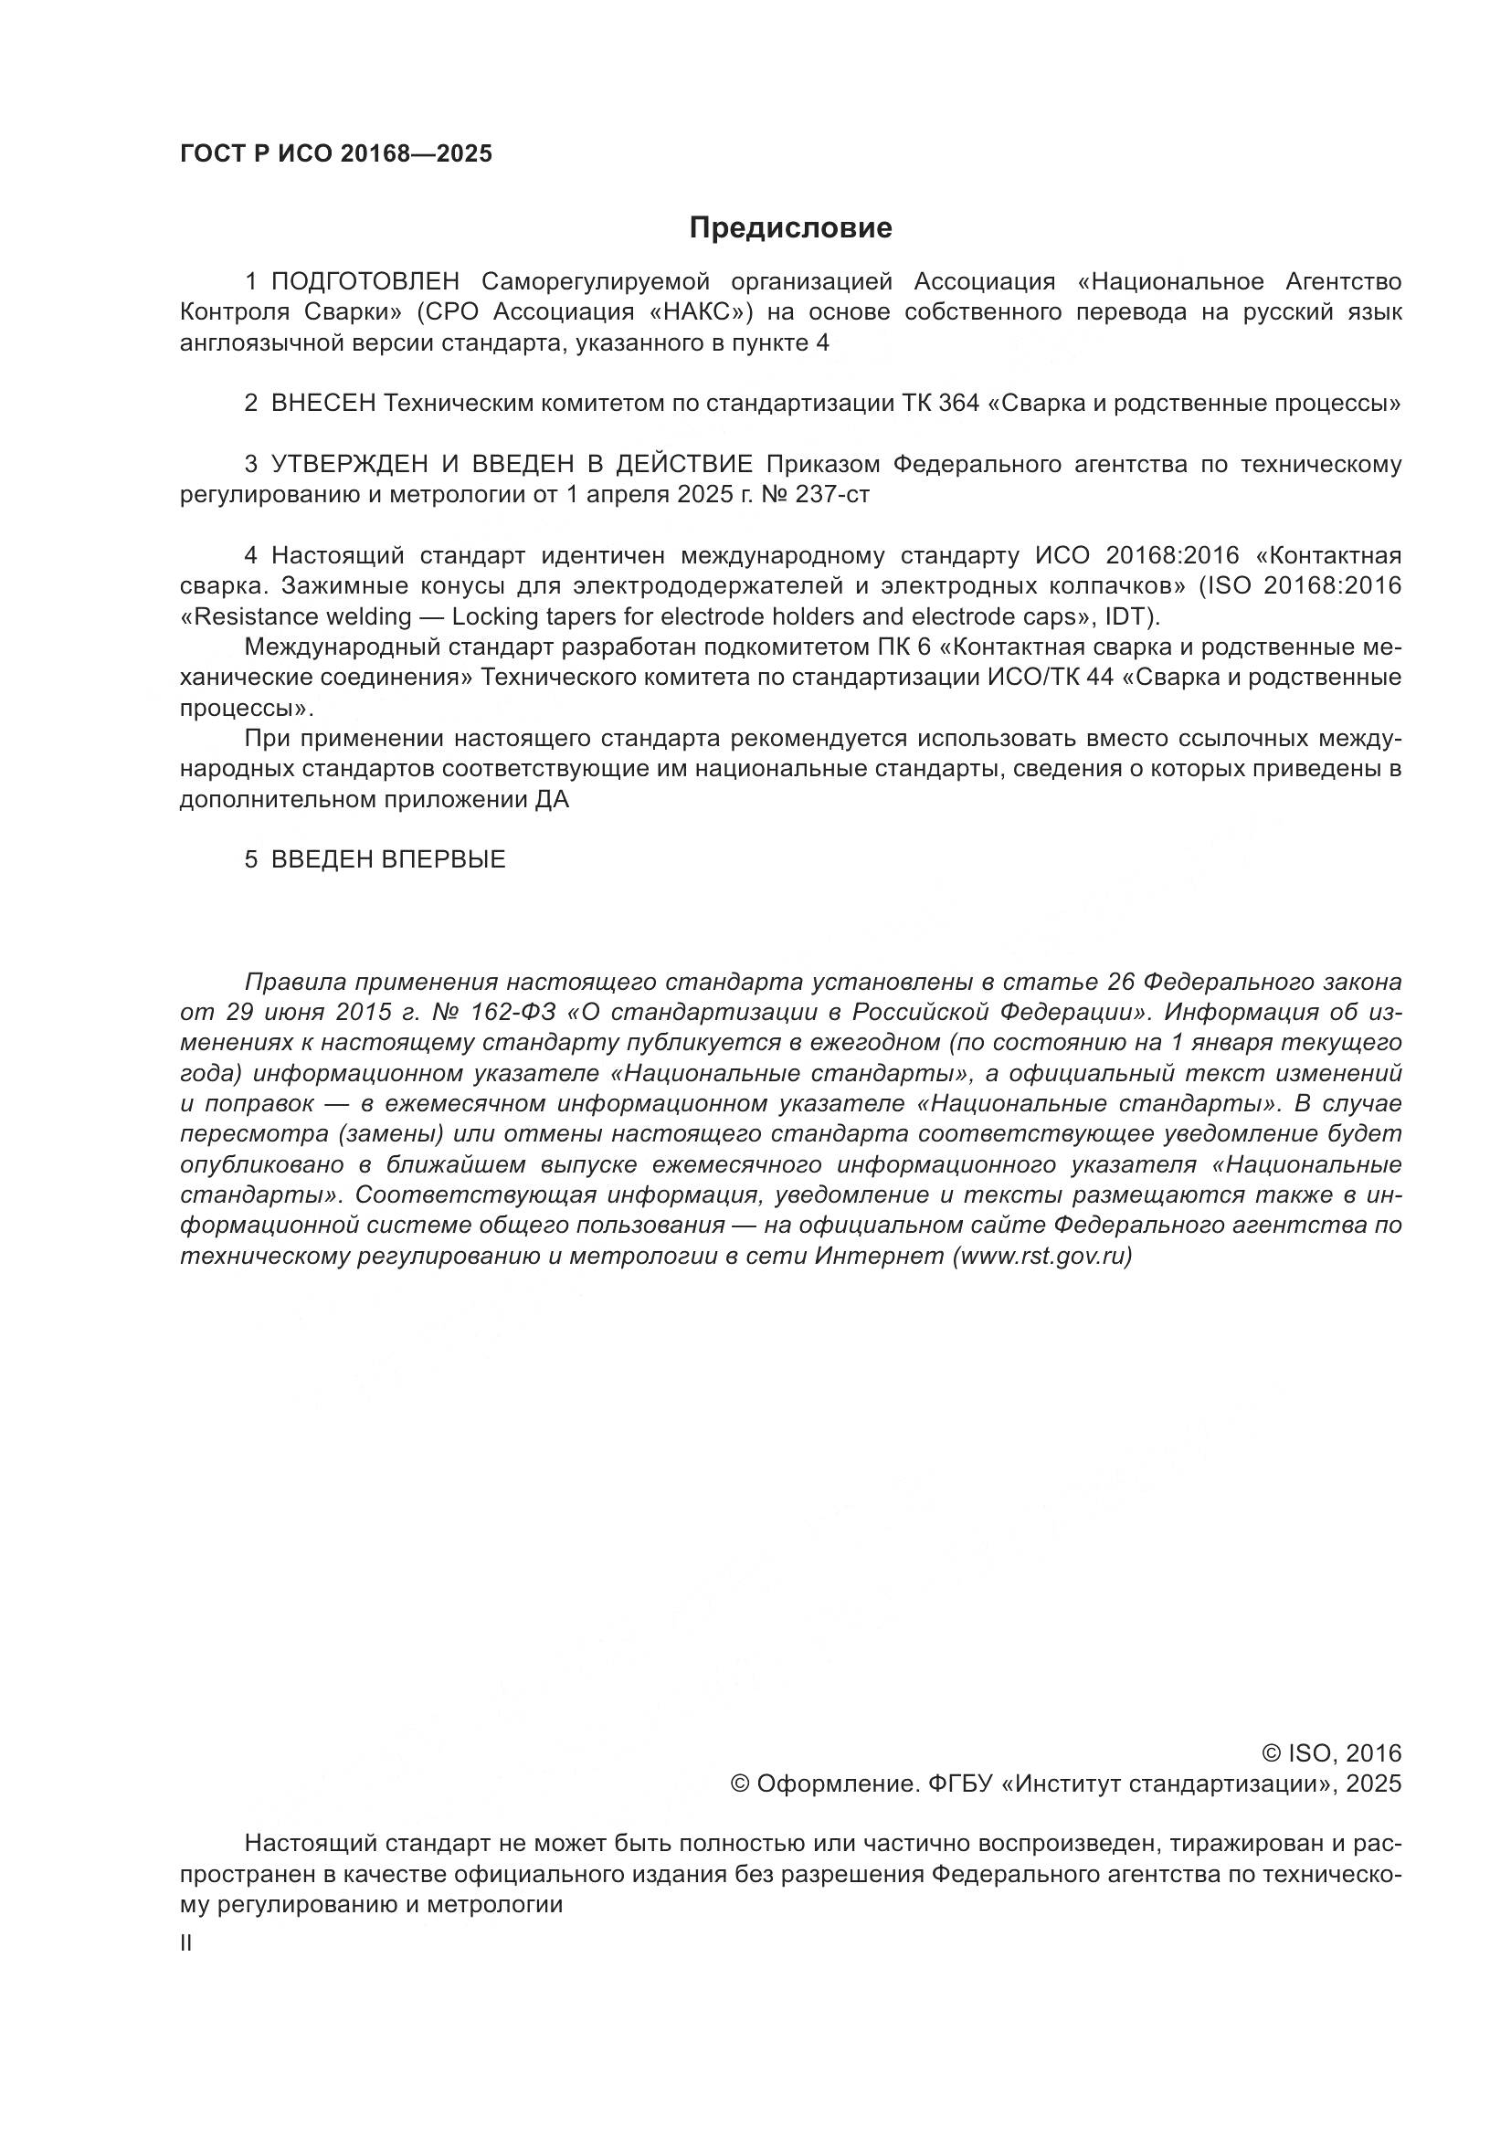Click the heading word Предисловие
coord(790,228)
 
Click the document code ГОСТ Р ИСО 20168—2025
coord(336,154)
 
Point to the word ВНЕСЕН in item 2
coord(322,404)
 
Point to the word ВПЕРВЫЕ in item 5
coord(443,859)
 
